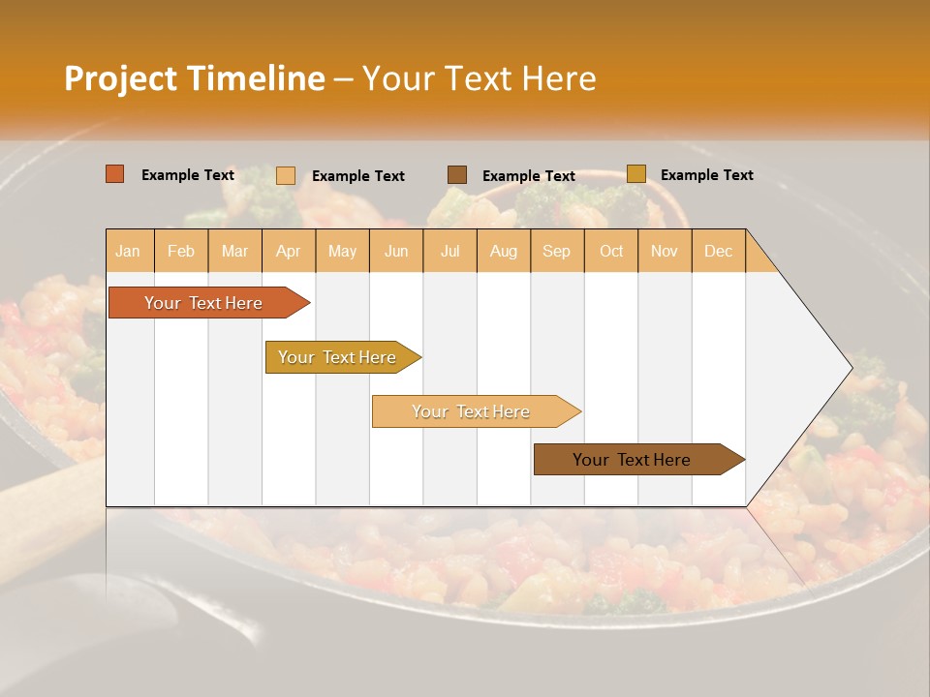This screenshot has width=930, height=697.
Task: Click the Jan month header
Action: click(129, 251)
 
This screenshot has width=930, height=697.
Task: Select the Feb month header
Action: click(181, 251)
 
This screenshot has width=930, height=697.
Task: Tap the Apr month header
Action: click(289, 251)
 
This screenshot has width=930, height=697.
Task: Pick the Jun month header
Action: click(396, 251)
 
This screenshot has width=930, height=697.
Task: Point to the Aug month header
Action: click(504, 251)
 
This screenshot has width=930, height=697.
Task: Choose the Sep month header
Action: click(557, 251)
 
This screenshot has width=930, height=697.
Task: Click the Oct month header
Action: click(611, 251)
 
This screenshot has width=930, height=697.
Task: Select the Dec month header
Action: click(719, 251)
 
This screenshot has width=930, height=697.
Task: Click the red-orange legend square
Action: click(115, 174)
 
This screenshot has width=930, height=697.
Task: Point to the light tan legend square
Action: click(286, 175)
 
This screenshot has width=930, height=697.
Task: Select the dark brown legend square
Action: click(457, 175)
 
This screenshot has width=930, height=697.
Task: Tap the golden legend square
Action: click(636, 174)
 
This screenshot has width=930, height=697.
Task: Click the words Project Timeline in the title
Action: click(194, 78)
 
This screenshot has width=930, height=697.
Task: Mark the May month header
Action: click(342, 251)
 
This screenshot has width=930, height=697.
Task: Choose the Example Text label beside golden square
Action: click(706, 175)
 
